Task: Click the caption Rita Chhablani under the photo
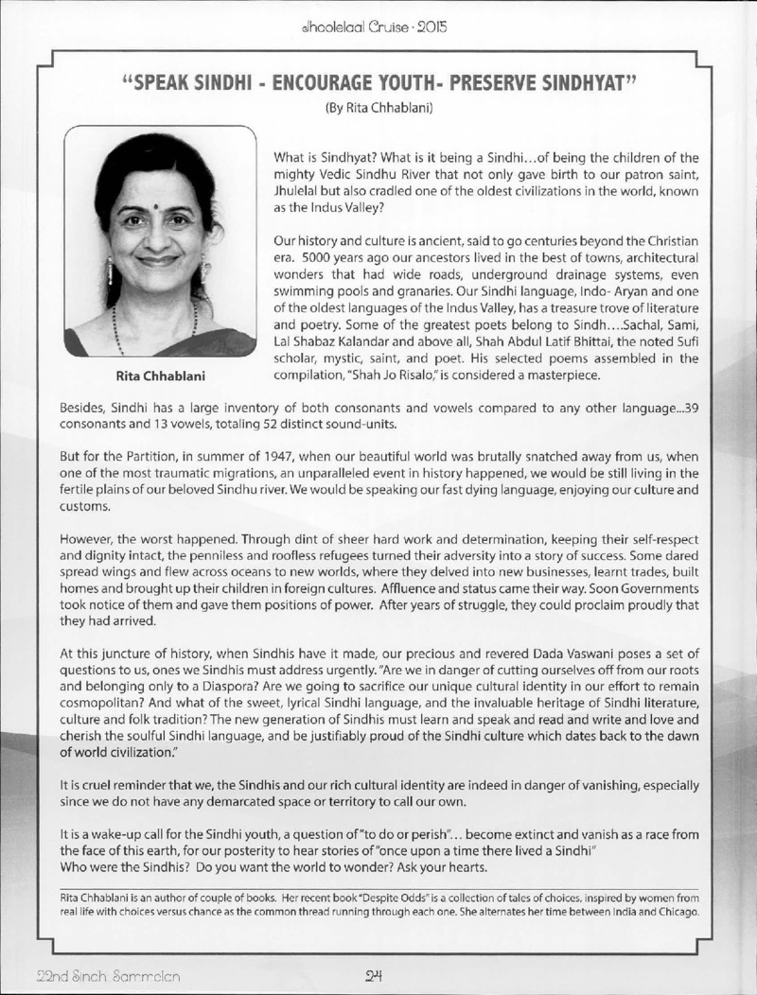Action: [x=160, y=376]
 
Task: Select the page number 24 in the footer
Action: [x=378, y=975]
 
